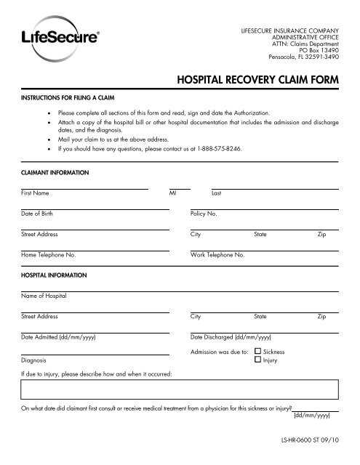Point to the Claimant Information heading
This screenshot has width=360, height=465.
coord(55,174)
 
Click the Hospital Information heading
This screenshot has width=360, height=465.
coord(54,277)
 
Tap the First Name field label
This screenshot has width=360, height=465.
coord(36,194)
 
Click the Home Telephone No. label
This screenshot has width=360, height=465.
coord(48,256)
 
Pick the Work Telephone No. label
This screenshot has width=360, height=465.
coord(217,256)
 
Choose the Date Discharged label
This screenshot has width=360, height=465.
coord(231,338)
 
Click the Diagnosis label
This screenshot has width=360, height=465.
coord(34,360)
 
